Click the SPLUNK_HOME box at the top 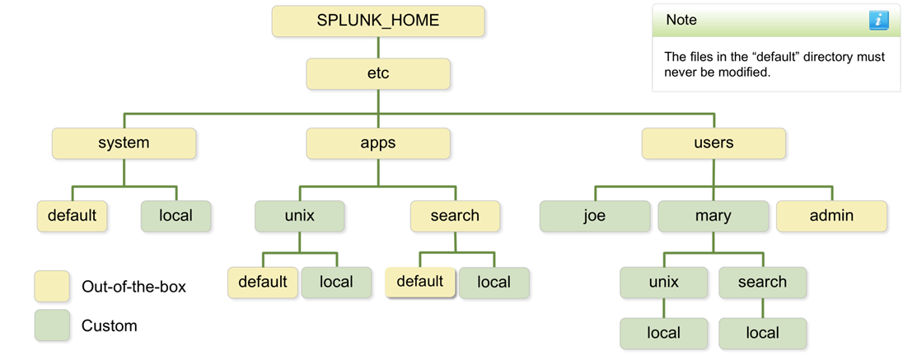coord(378,21)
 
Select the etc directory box coord(378,73)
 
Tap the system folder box coord(124,143)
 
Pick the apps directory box coord(378,143)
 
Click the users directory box coord(713,143)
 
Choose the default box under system coord(72,216)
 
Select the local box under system coord(175,216)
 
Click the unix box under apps coord(299,216)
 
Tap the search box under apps coord(455,216)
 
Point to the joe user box coord(594,216)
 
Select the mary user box coord(713,216)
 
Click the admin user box coord(831,216)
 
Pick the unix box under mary coord(663,283)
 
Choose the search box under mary coord(762,283)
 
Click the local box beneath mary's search coord(762,334)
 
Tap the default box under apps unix coord(263,283)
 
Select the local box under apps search coord(494,283)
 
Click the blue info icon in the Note coord(878,21)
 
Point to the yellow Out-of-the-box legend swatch coord(52,287)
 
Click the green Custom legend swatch coord(52,325)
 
